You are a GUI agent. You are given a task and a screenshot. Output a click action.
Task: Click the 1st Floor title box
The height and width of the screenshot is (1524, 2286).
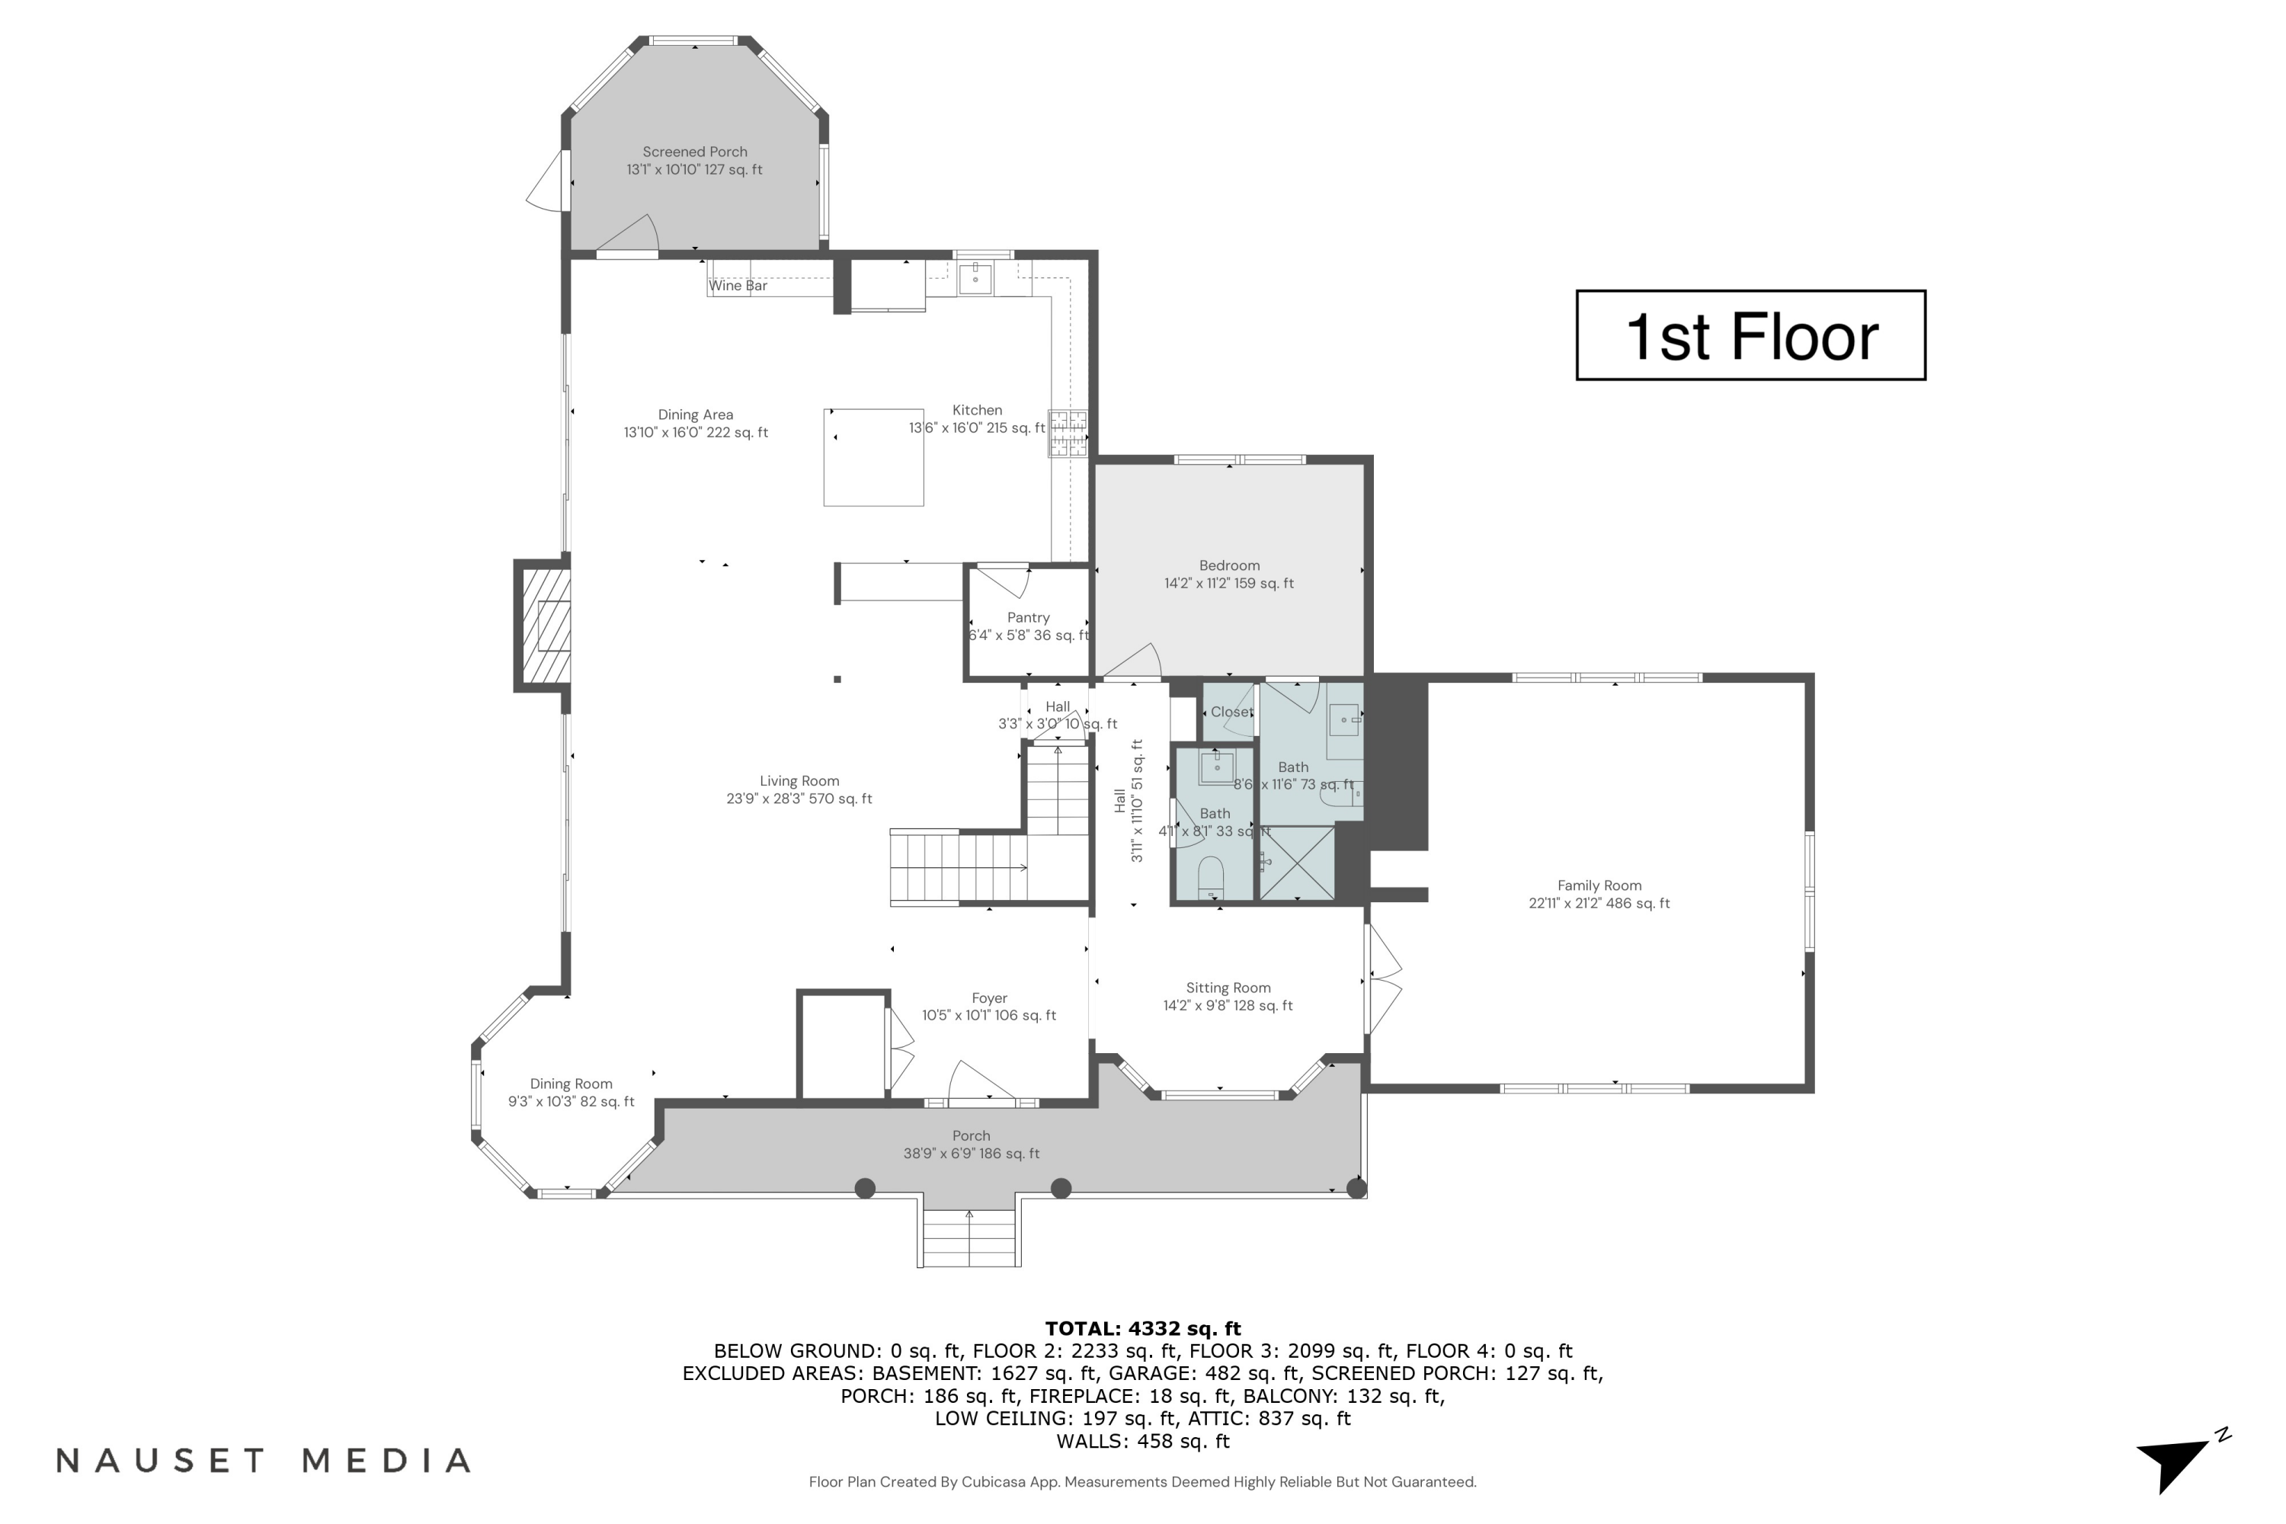[1750, 335]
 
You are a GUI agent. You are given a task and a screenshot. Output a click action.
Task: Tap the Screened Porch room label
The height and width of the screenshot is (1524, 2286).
[694, 152]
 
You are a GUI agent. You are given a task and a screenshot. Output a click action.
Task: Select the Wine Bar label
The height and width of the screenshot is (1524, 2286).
[738, 286]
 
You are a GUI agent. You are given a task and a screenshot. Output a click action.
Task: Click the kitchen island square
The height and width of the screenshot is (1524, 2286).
[872, 456]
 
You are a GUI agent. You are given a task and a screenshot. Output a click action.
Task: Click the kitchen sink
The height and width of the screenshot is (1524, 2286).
[975, 278]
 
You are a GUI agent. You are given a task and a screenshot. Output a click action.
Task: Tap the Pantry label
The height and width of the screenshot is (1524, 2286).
[1028, 617]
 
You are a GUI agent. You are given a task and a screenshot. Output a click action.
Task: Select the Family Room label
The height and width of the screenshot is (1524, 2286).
[1599, 885]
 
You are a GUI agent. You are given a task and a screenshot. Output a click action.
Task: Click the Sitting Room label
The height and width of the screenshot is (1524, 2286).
[1228, 988]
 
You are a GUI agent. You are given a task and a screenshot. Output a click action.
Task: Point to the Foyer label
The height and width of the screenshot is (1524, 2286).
[989, 998]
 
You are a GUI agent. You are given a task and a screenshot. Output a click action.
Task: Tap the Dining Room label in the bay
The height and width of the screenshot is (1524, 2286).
[571, 1084]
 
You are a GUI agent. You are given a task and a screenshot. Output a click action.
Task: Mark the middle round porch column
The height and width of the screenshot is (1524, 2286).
[1061, 1188]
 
